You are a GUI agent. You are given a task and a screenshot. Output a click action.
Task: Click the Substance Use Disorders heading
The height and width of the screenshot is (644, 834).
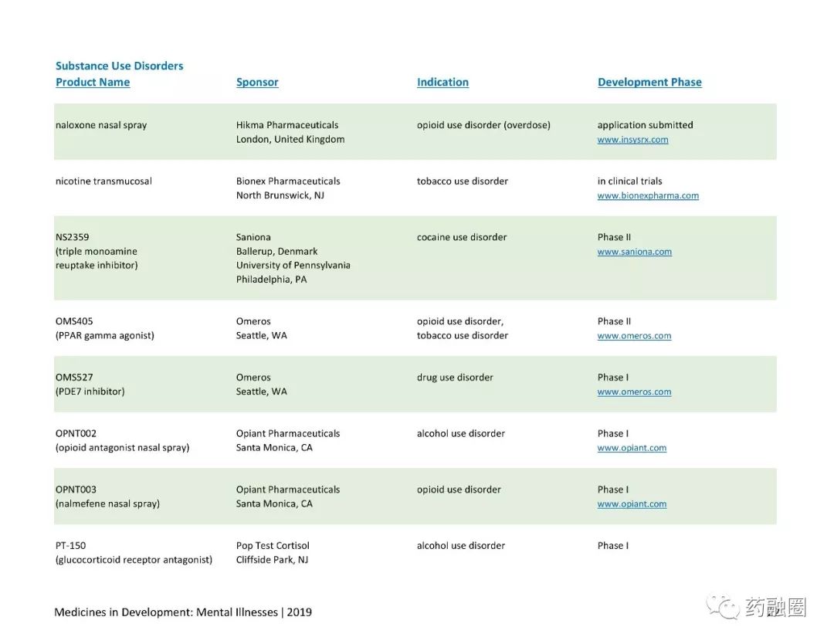(119, 66)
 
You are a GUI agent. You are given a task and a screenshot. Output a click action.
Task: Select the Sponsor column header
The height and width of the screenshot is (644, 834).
(257, 82)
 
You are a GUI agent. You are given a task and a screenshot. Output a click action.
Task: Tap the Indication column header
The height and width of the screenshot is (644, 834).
(442, 82)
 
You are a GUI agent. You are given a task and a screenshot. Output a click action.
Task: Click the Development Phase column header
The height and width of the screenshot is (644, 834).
(649, 82)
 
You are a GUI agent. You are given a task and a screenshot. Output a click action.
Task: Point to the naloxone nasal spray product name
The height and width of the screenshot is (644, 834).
(101, 125)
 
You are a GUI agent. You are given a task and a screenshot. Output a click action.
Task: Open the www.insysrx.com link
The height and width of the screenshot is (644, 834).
(632, 140)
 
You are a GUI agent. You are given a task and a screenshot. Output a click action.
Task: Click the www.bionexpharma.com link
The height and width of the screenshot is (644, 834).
(648, 195)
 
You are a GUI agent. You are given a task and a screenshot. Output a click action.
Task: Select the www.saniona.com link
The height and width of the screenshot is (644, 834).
(634, 252)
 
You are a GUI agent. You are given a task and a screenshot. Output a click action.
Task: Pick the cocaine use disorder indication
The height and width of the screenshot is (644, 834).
(462, 237)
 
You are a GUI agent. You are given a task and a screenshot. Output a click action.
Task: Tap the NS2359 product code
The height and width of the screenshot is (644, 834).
(73, 237)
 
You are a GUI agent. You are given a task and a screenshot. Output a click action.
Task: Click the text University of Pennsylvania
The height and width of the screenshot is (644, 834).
(293, 266)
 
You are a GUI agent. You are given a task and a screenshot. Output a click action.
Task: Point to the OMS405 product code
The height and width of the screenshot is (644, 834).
(74, 321)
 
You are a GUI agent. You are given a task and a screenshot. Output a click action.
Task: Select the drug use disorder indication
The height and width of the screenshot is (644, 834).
(455, 378)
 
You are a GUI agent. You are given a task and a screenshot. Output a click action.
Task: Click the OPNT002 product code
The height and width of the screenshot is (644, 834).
(76, 433)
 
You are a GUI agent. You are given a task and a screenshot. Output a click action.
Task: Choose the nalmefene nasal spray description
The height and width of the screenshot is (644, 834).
(107, 503)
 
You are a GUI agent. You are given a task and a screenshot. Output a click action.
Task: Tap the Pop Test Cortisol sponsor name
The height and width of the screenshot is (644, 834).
(273, 546)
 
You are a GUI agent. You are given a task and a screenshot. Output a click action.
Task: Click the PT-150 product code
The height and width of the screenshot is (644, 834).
(71, 546)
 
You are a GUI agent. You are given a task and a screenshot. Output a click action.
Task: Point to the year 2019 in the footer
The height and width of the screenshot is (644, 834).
(300, 612)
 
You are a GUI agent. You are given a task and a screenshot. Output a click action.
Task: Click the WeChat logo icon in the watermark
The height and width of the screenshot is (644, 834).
(723, 607)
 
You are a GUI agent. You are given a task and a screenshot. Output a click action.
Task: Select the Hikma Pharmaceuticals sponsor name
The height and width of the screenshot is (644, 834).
(287, 125)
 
